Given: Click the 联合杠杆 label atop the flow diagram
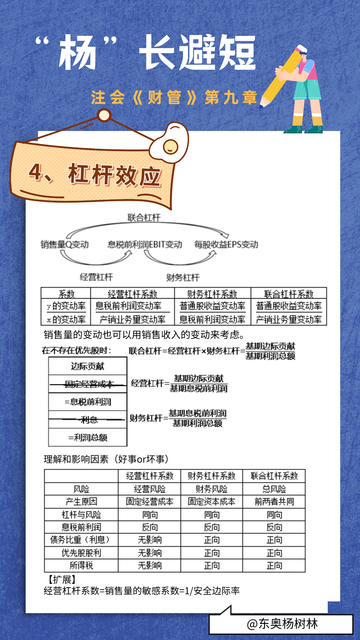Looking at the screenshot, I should tap(143, 216).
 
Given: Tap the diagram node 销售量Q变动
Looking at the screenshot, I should tap(67, 244).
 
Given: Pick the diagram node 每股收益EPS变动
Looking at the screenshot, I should tap(226, 244).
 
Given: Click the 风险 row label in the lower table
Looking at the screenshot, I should tap(83, 487).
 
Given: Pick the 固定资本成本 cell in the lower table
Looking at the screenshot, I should tap(211, 500).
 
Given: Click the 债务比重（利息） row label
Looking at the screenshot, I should tap(83, 538).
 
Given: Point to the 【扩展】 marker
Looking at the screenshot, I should tap(62, 578).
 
